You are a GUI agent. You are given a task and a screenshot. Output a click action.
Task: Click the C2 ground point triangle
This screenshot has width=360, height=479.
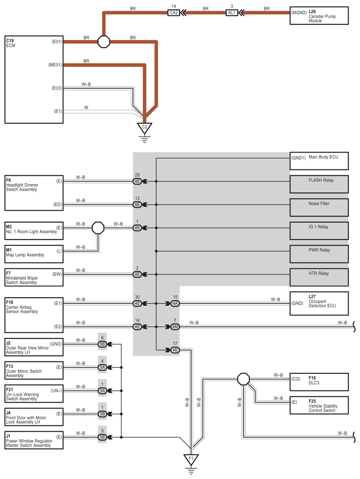pos(144,128)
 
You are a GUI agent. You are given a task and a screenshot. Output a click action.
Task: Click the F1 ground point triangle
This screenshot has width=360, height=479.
pos(191,459)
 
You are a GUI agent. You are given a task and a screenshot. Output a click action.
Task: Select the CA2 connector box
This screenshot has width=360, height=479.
pos(173,13)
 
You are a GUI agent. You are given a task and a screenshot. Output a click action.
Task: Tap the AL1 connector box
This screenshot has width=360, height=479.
pos(232,13)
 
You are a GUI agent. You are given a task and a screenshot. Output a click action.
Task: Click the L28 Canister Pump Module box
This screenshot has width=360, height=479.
pos(319,16)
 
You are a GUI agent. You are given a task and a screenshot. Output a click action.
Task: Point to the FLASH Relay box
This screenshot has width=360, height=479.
pos(319,184)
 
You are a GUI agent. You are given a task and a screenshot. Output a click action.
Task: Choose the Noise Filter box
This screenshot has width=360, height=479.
pos(319,207)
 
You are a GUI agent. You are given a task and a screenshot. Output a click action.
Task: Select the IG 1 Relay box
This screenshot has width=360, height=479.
pos(319,231)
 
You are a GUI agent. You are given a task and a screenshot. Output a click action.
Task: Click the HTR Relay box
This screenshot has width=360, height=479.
pos(319,277)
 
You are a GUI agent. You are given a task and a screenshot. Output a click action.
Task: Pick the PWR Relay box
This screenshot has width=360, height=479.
pos(319,254)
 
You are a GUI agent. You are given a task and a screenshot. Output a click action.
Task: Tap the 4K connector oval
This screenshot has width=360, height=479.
pos(137,228)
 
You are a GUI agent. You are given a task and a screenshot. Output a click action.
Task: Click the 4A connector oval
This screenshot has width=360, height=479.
pos(175,304)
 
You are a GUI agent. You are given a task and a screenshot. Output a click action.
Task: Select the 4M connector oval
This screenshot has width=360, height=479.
pos(175,327)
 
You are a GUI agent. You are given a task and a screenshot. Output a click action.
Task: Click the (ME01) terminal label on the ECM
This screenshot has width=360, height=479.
pos(55,65)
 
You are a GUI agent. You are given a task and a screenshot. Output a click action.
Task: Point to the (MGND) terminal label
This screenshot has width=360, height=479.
pos(299,13)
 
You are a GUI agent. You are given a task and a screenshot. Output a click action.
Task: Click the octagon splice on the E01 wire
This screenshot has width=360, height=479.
pos(104,42)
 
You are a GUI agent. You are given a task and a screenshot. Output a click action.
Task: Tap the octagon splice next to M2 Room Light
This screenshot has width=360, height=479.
pos(98,228)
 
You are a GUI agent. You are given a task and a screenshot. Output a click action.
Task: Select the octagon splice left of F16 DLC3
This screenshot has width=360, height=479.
pos(243,379)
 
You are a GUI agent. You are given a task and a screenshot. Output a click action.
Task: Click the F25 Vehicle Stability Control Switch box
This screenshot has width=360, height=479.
pos(319,406)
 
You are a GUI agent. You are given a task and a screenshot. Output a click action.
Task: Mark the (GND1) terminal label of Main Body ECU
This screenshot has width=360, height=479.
pos(299,158)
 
